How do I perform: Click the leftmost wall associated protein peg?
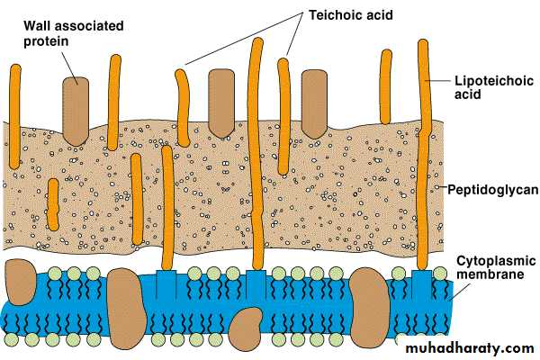click(x=76, y=106)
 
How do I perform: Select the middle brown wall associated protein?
click(x=221, y=101)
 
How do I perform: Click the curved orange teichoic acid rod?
click(x=183, y=106)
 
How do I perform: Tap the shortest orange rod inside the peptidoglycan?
click(x=53, y=203)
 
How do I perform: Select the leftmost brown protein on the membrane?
click(x=18, y=281)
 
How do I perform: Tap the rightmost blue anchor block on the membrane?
click(x=421, y=283)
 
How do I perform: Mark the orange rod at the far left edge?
click(x=14, y=117)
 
